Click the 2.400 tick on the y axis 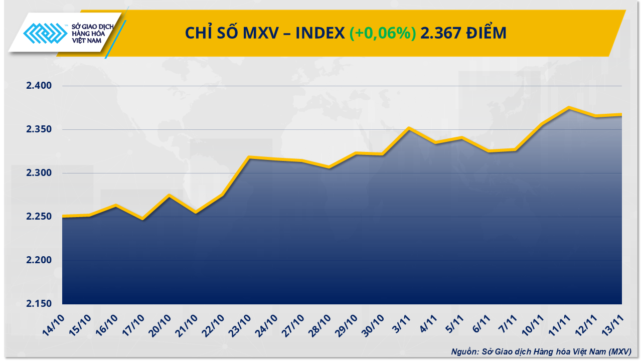pos(39,86)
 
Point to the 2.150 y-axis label pos(39,304)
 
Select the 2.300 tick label pos(39,173)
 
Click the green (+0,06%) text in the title pos(383,33)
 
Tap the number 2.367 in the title pos(438,33)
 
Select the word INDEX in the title pos(320,33)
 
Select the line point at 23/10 pos(249,157)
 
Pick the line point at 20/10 pos(169,195)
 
